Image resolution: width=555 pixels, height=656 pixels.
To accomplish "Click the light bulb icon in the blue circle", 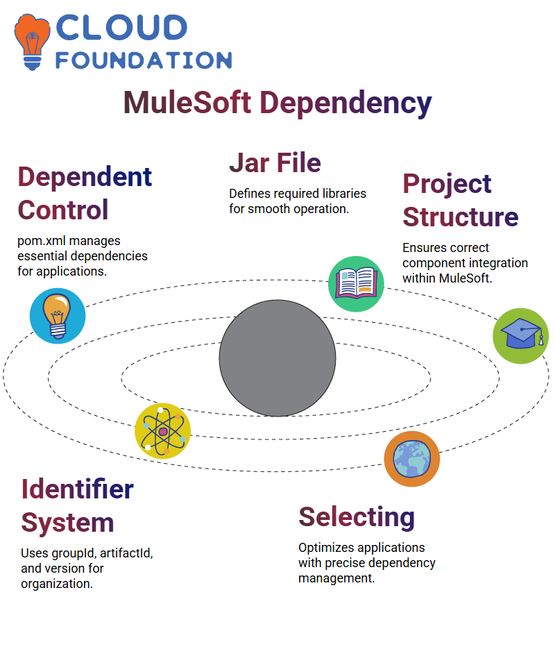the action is pyautogui.click(x=58, y=316).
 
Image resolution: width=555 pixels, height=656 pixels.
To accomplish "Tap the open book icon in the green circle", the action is pyautogui.click(x=356, y=284).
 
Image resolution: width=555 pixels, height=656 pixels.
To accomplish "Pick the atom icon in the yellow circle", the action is pyautogui.click(x=163, y=431).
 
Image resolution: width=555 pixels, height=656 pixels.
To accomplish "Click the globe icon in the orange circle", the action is pyautogui.click(x=412, y=459).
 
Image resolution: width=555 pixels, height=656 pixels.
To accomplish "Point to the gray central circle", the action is pyautogui.click(x=277, y=358).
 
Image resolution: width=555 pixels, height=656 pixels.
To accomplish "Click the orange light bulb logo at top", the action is pyautogui.click(x=32, y=42).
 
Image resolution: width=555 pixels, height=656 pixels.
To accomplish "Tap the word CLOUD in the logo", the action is pyautogui.click(x=121, y=28).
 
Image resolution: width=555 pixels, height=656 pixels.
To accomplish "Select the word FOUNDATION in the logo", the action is pyautogui.click(x=144, y=60).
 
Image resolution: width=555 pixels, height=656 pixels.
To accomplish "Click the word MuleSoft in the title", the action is pyautogui.click(x=187, y=103).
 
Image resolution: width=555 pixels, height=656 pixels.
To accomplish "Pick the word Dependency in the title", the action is pyautogui.click(x=346, y=103).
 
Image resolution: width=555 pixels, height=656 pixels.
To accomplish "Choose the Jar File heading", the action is pyautogui.click(x=275, y=162).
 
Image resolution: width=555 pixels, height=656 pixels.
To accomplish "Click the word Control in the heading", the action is pyautogui.click(x=63, y=210).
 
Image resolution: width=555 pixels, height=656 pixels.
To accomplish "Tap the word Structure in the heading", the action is pyautogui.click(x=461, y=217).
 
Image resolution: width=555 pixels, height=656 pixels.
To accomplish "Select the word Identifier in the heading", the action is pyautogui.click(x=78, y=489).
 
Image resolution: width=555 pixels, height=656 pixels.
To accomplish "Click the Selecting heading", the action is pyautogui.click(x=357, y=518).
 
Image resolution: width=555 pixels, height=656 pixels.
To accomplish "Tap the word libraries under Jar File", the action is pyautogui.click(x=344, y=193).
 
